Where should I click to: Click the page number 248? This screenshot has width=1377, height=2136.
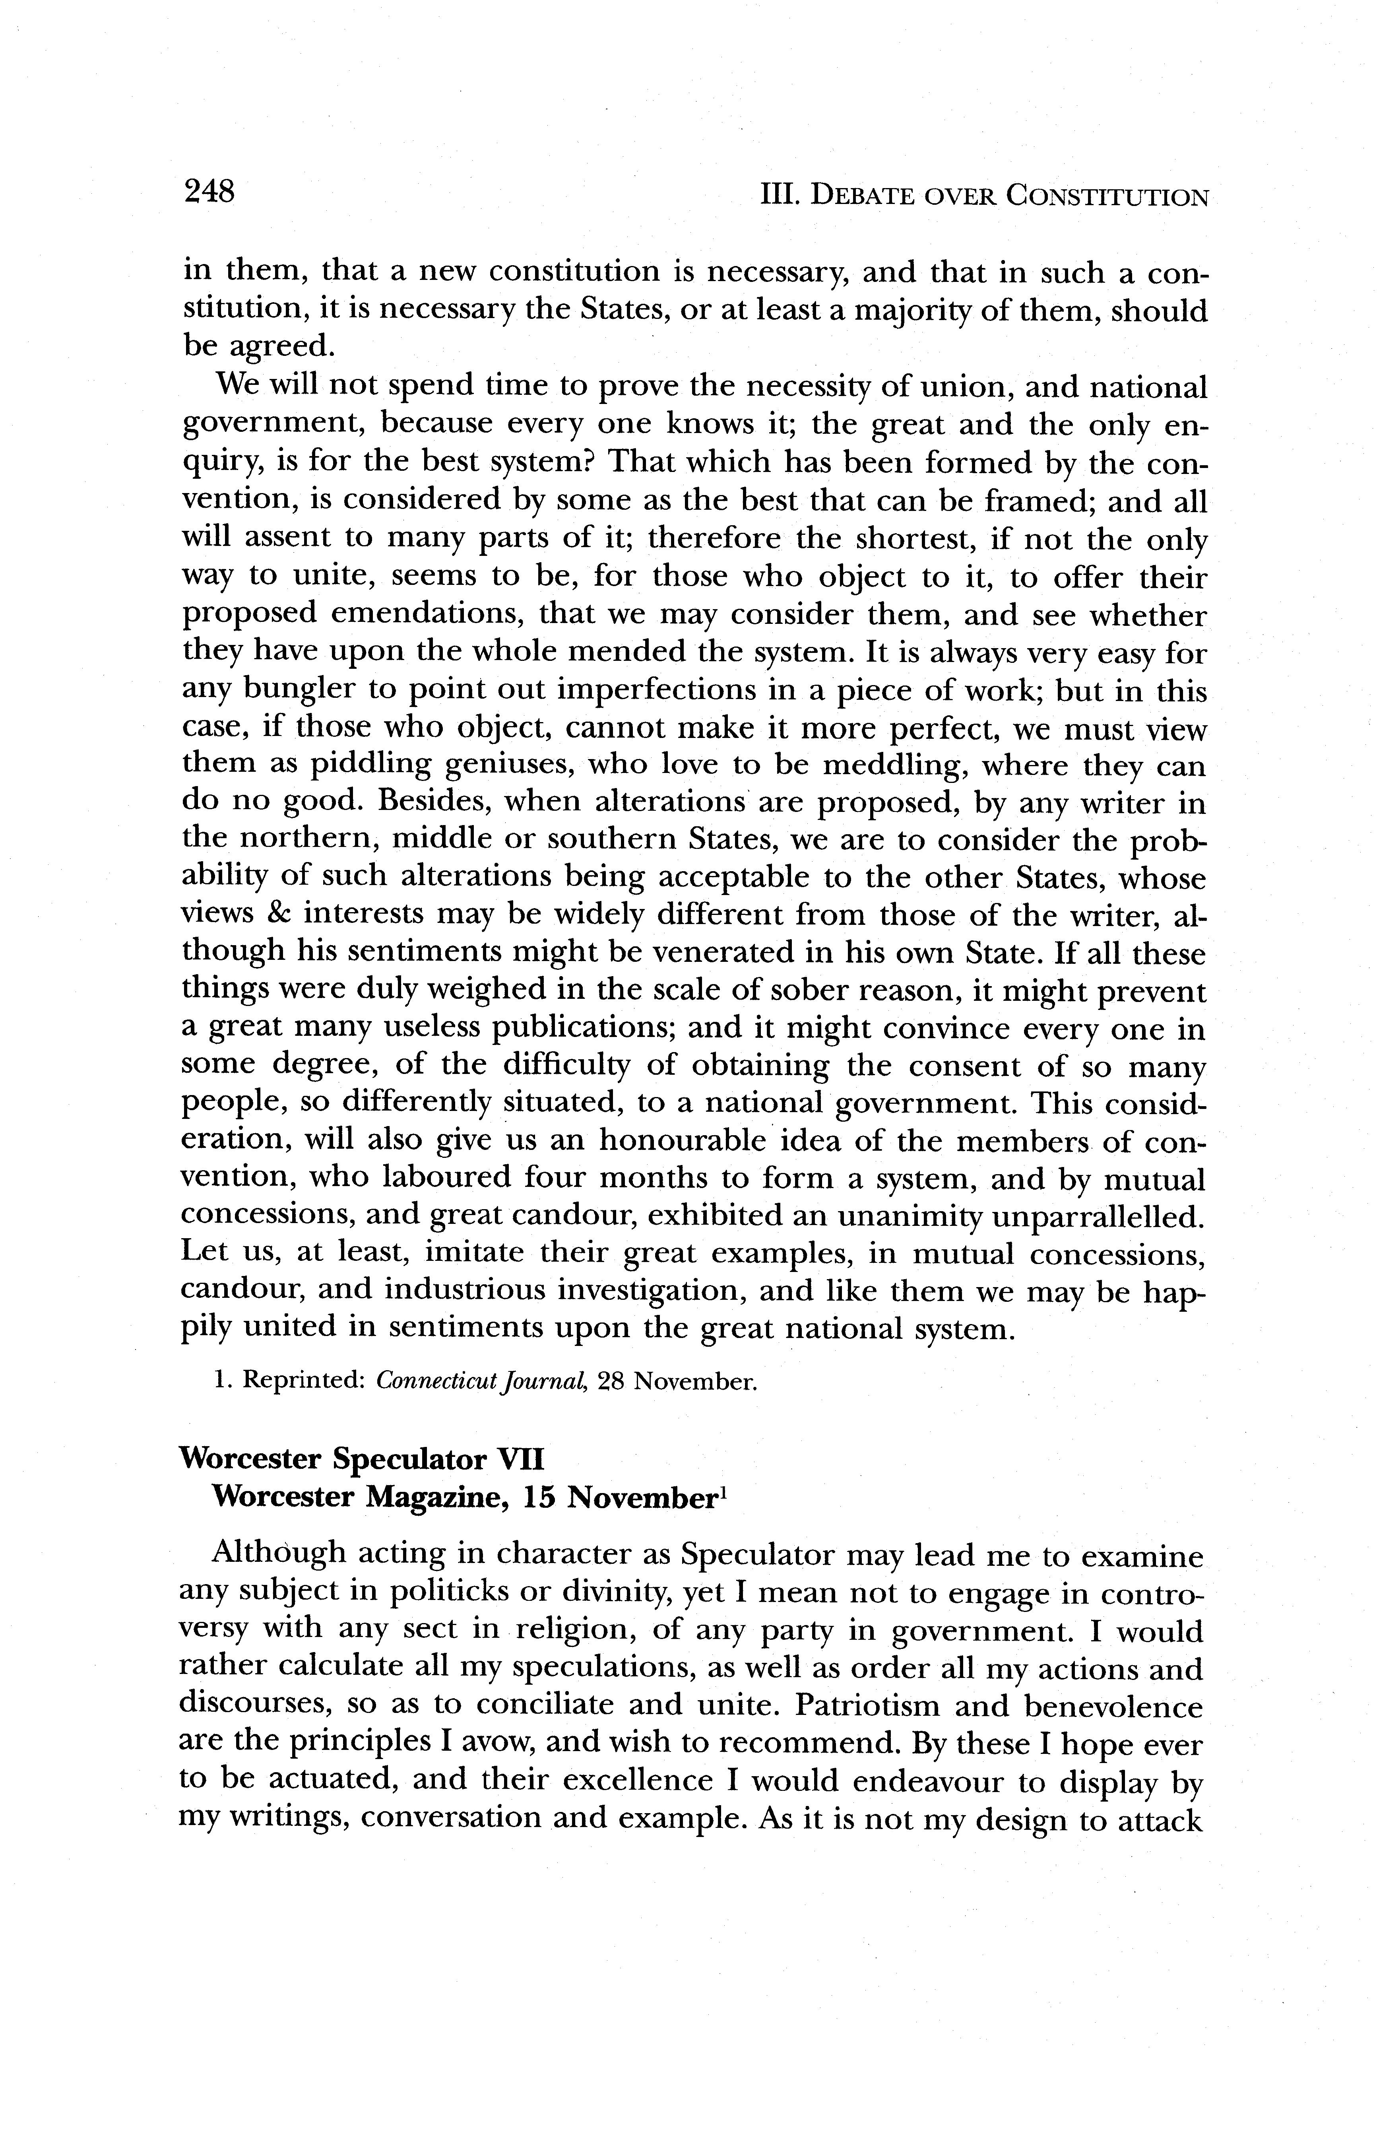(208, 190)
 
